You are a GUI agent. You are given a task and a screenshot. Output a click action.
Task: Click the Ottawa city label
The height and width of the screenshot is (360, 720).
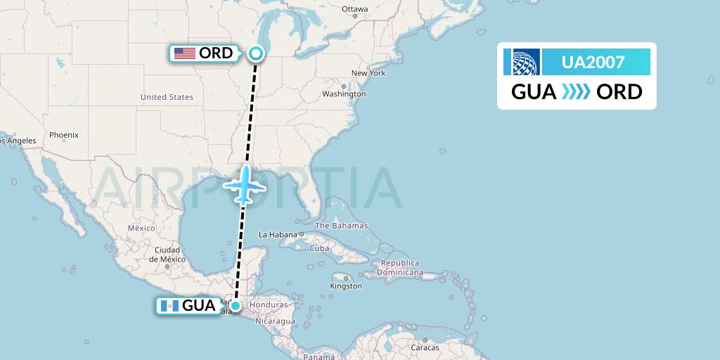click(354, 9)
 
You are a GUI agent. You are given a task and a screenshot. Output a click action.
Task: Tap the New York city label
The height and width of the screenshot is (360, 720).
click(368, 73)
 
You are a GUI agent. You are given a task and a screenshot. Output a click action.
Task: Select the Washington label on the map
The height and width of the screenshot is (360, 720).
click(344, 94)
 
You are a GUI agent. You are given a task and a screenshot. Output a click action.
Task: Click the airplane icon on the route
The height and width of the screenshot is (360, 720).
click(244, 185)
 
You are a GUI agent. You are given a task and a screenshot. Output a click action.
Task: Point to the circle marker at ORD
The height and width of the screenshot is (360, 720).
click(256, 53)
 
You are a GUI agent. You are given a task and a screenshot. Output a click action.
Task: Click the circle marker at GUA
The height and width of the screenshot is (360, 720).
click(236, 305)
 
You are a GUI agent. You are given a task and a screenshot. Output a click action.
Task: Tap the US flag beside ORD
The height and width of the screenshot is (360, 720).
click(184, 53)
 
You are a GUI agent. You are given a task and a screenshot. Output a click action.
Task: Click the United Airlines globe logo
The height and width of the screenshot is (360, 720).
click(522, 62)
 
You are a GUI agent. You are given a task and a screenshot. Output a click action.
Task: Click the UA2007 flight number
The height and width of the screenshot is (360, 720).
click(593, 62)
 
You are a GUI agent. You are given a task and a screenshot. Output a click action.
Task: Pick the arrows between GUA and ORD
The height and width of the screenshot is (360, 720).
click(577, 92)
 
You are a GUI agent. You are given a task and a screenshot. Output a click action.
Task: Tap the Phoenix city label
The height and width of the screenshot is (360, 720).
click(64, 134)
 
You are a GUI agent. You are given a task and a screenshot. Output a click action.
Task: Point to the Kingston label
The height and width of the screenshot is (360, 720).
click(346, 286)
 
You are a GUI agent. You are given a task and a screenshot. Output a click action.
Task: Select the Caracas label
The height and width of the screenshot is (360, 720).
click(425, 347)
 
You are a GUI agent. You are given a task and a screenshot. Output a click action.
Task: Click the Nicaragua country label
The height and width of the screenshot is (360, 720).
click(275, 321)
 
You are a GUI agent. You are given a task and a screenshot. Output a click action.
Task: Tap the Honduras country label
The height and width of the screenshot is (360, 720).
click(268, 305)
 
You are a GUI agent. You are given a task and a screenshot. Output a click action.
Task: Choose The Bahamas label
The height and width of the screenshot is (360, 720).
click(341, 226)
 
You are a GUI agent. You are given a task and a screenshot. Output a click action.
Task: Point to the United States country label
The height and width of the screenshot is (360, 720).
click(167, 97)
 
